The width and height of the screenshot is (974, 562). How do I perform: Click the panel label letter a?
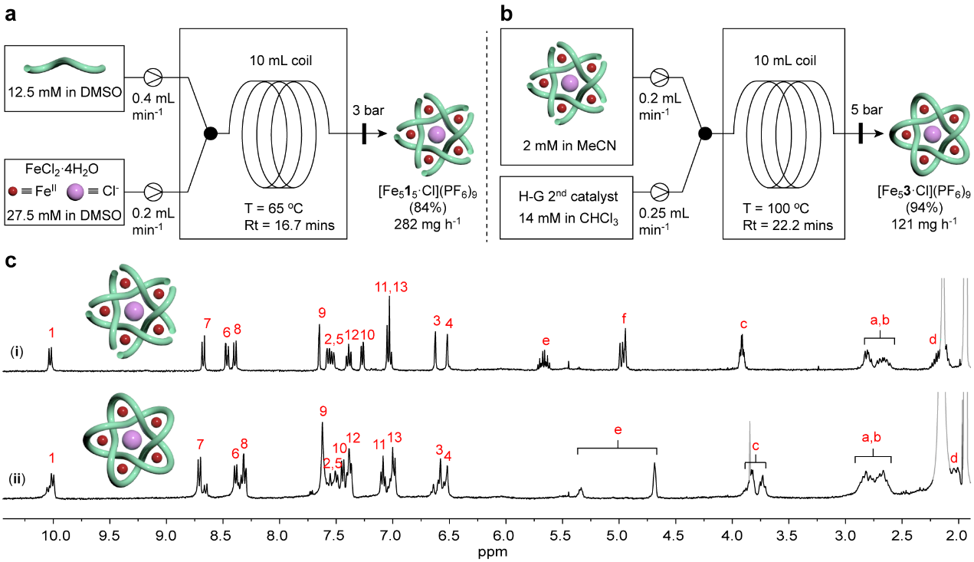pos(11,13)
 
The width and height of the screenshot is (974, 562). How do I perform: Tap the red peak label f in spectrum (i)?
pos(625,317)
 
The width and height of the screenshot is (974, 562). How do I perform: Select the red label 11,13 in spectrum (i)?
pos(391,286)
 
